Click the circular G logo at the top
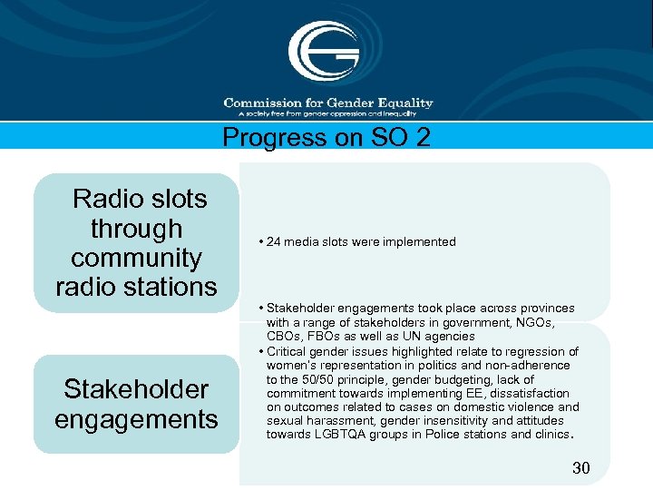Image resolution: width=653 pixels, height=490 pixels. click(324, 51)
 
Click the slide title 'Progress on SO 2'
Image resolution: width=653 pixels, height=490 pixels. click(326, 137)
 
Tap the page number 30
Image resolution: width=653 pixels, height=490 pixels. click(580, 468)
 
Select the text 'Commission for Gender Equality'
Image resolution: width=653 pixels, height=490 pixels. click(328, 103)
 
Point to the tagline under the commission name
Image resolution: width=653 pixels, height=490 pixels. click(327, 113)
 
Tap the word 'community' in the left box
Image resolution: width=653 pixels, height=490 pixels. click(136, 258)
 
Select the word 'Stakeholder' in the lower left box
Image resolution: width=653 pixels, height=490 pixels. click(136, 389)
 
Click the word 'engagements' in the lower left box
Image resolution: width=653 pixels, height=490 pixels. click(136, 419)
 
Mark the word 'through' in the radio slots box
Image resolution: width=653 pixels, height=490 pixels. click(136, 229)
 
